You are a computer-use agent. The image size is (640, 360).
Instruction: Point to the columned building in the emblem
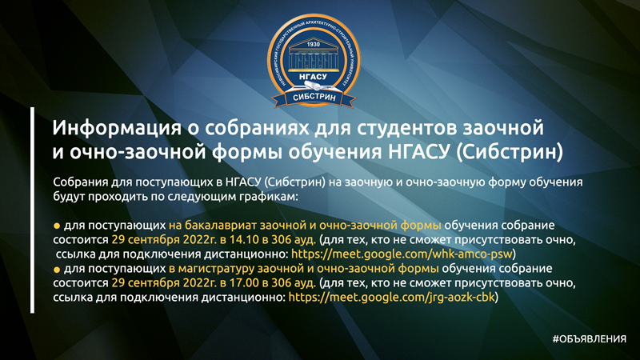pos(313,59)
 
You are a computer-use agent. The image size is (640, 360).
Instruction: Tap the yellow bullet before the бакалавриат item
pos(56,226)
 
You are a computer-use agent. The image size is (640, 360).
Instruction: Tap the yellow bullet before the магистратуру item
pos(56,270)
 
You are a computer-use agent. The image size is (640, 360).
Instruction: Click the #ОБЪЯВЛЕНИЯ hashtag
pos(588,339)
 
